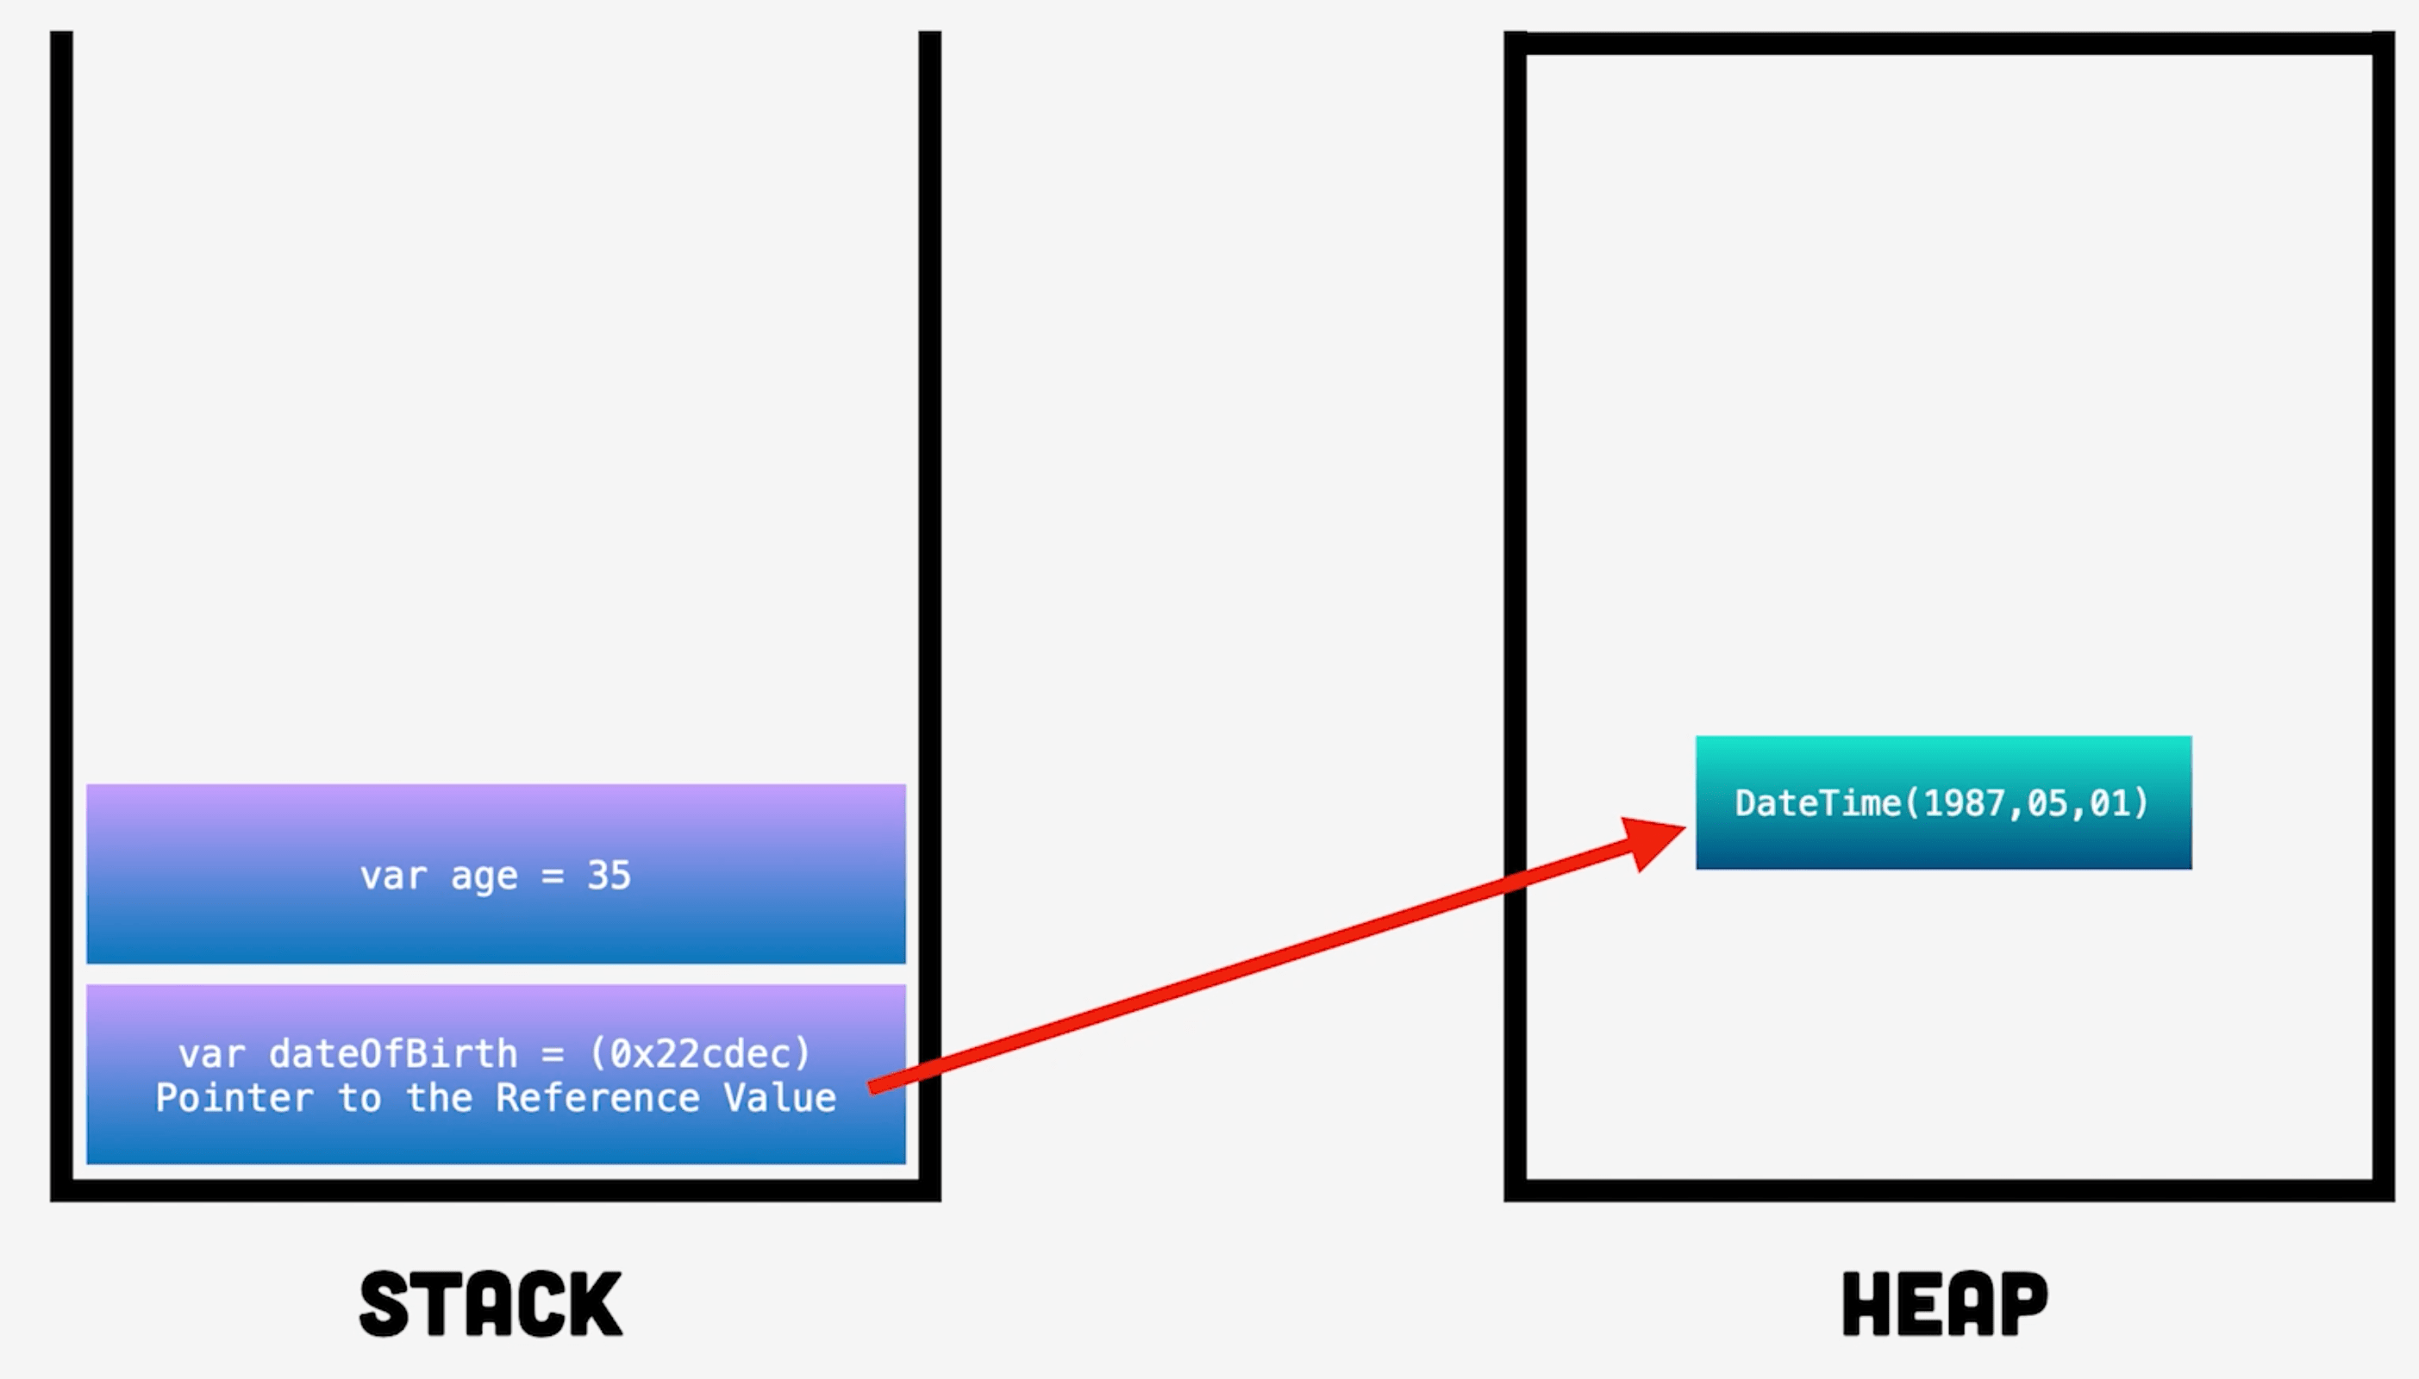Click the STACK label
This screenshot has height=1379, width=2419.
491,1304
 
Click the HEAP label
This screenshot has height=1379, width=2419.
1945,1304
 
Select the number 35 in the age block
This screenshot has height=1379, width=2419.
608,875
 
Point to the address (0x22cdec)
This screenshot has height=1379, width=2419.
700,1053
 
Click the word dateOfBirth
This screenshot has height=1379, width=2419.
393,1053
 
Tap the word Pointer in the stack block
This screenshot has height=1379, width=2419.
234,1098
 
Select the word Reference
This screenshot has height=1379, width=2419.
597,1098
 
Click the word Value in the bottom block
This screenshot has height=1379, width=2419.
779,1098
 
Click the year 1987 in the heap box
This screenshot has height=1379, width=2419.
1966,803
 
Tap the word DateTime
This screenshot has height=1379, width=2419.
1817,803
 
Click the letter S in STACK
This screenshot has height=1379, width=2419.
384,1304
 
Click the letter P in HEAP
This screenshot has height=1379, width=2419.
2023,1304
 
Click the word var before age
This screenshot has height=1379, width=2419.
393,875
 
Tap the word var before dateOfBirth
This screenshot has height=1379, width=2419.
211,1053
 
